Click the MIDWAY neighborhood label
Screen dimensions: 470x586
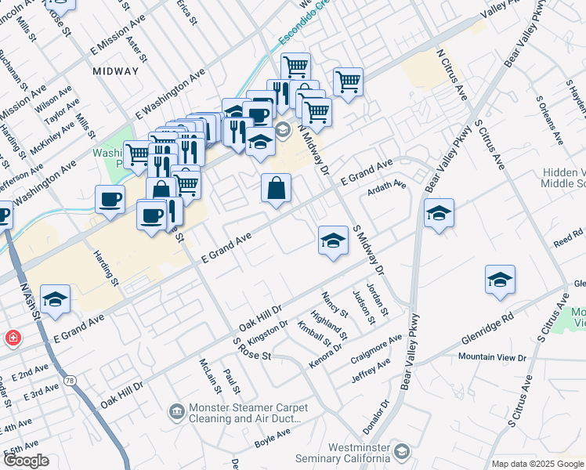(115, 70)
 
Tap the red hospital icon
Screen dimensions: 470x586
(13, 338)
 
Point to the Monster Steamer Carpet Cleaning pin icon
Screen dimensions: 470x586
(176, 410)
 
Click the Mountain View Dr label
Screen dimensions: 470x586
(493, 357)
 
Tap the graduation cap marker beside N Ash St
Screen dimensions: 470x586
(55, 299)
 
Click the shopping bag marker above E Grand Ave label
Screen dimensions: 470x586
(276, 188)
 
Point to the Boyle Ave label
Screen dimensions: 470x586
(273, 437)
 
